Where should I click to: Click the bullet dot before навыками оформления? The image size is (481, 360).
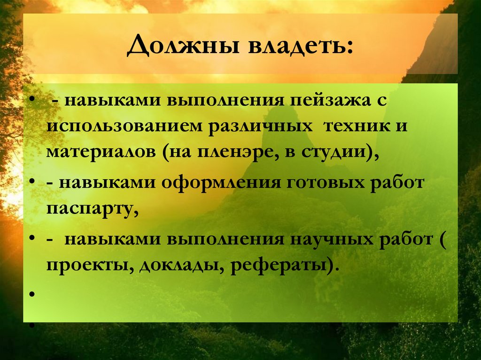tap(32, 183)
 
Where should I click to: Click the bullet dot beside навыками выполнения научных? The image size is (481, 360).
tap(32, 238)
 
